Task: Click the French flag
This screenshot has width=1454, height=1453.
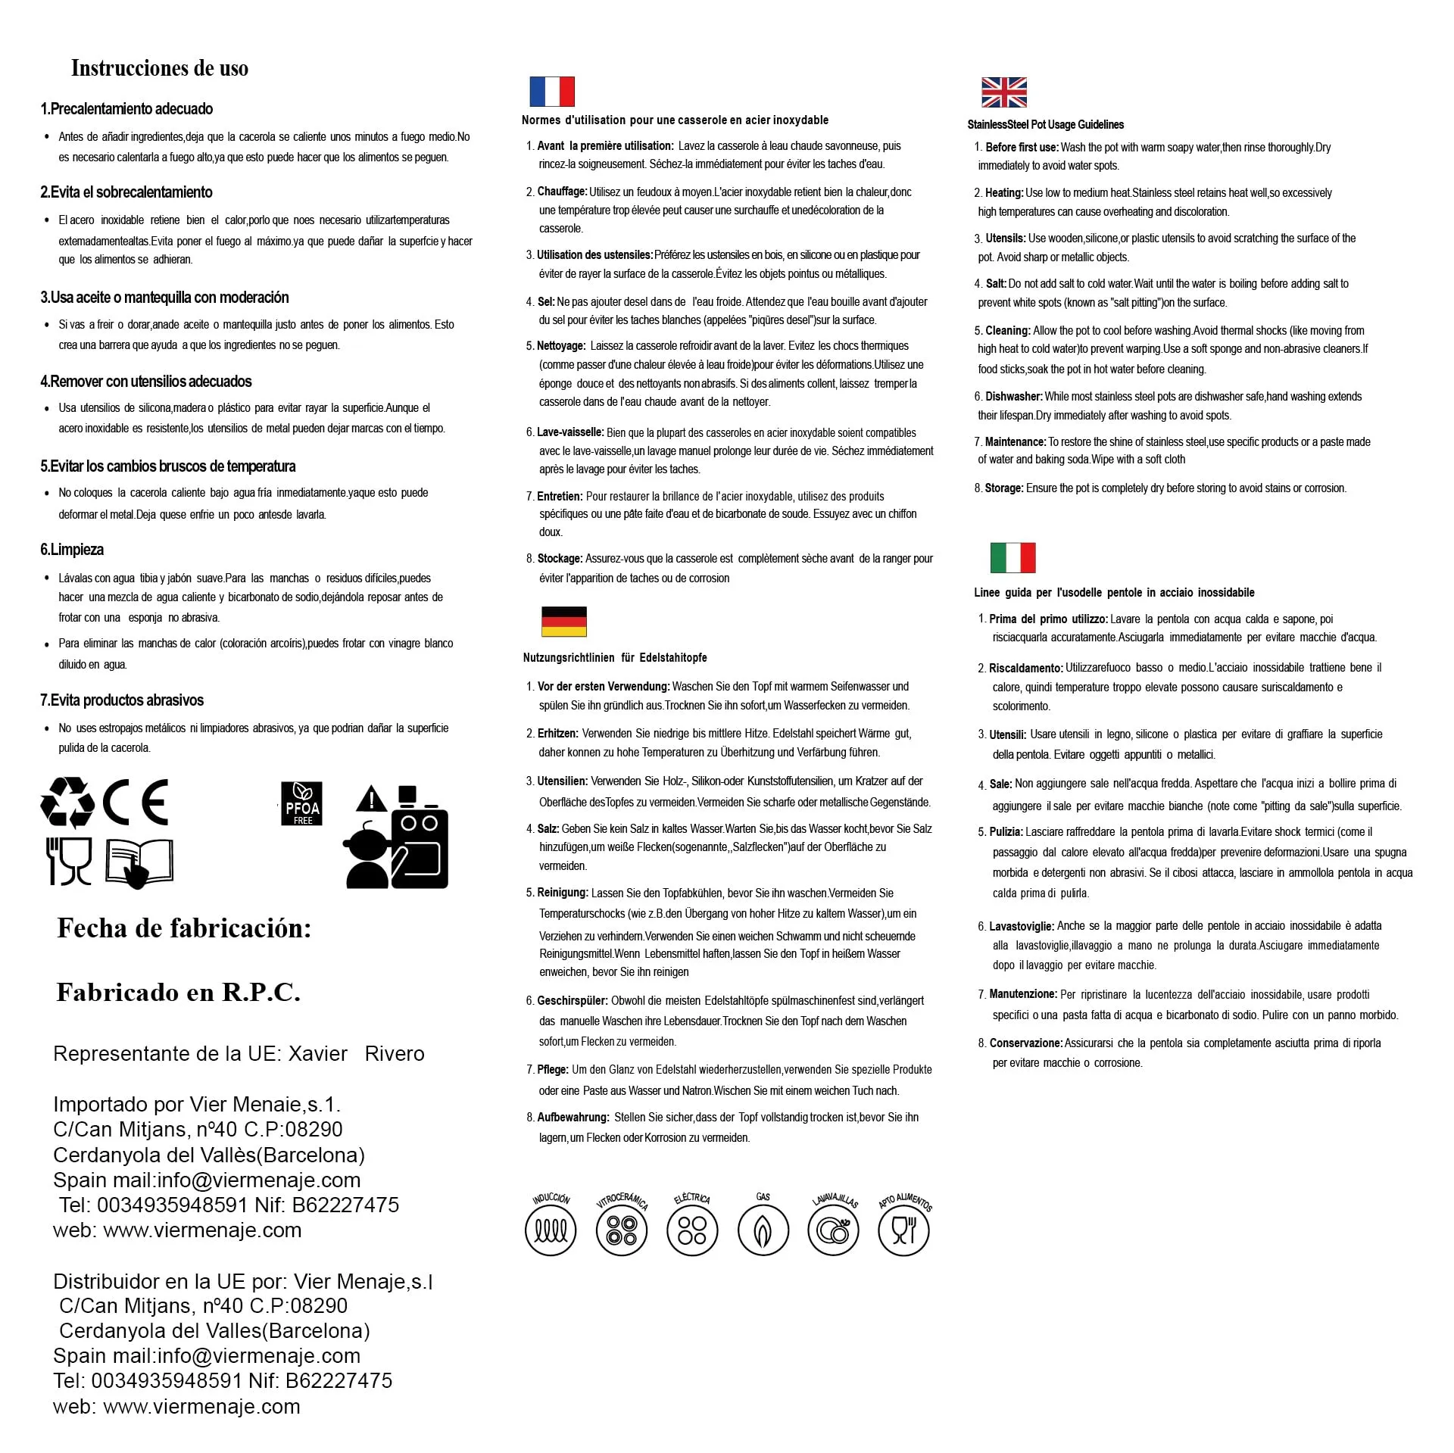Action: coord(551,92)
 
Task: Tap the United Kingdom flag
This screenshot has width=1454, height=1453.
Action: coord(1003,92)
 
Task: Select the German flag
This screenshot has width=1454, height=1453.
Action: coord(564,622)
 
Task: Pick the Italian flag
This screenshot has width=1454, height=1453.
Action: coord(1012,558)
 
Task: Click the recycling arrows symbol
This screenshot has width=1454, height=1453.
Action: coord(67,803)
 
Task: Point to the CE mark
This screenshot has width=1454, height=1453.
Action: coord(136,803)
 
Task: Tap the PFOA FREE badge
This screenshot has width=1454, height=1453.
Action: coord(302,803)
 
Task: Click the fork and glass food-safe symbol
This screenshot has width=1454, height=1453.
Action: coord(70,861)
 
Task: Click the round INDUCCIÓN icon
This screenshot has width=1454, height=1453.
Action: coord(551,1230)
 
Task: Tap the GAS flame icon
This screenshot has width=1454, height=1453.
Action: coord(763,1230)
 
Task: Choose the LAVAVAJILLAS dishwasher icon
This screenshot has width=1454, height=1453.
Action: coord(833,1230)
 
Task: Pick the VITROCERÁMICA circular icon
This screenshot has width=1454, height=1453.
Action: coord(621,1230)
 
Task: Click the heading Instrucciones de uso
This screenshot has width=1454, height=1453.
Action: coord(160,68)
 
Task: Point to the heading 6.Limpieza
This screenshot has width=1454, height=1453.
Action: coord(72,550)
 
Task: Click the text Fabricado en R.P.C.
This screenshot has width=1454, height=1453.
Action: coord(179,992)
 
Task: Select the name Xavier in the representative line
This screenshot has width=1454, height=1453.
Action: coord(318,1054)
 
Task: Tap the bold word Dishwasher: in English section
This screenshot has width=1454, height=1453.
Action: coord(1014,397)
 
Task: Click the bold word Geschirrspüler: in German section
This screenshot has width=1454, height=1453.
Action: coord(573,1001)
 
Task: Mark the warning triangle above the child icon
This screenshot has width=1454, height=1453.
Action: coord(371,800)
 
